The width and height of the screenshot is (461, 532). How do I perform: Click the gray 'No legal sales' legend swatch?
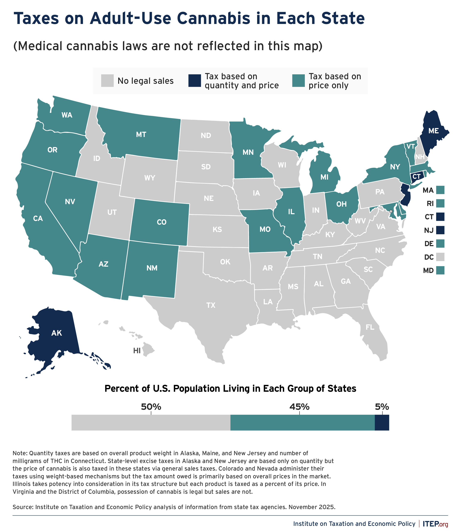coord(107,81)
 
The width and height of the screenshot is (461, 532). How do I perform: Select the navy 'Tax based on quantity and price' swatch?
coord(194,81)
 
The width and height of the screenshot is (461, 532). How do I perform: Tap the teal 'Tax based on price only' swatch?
coord(298,81)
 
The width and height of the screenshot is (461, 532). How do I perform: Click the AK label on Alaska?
coord(57,333)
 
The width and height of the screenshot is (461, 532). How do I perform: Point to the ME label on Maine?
coord(434,131)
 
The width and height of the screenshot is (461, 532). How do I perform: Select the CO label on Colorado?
coord(162,222)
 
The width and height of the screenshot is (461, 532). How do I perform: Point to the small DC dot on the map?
coord(391,211)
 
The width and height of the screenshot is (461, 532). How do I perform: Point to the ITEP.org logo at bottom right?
coord(435,524)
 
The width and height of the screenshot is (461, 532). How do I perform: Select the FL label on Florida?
coord(370,327)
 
